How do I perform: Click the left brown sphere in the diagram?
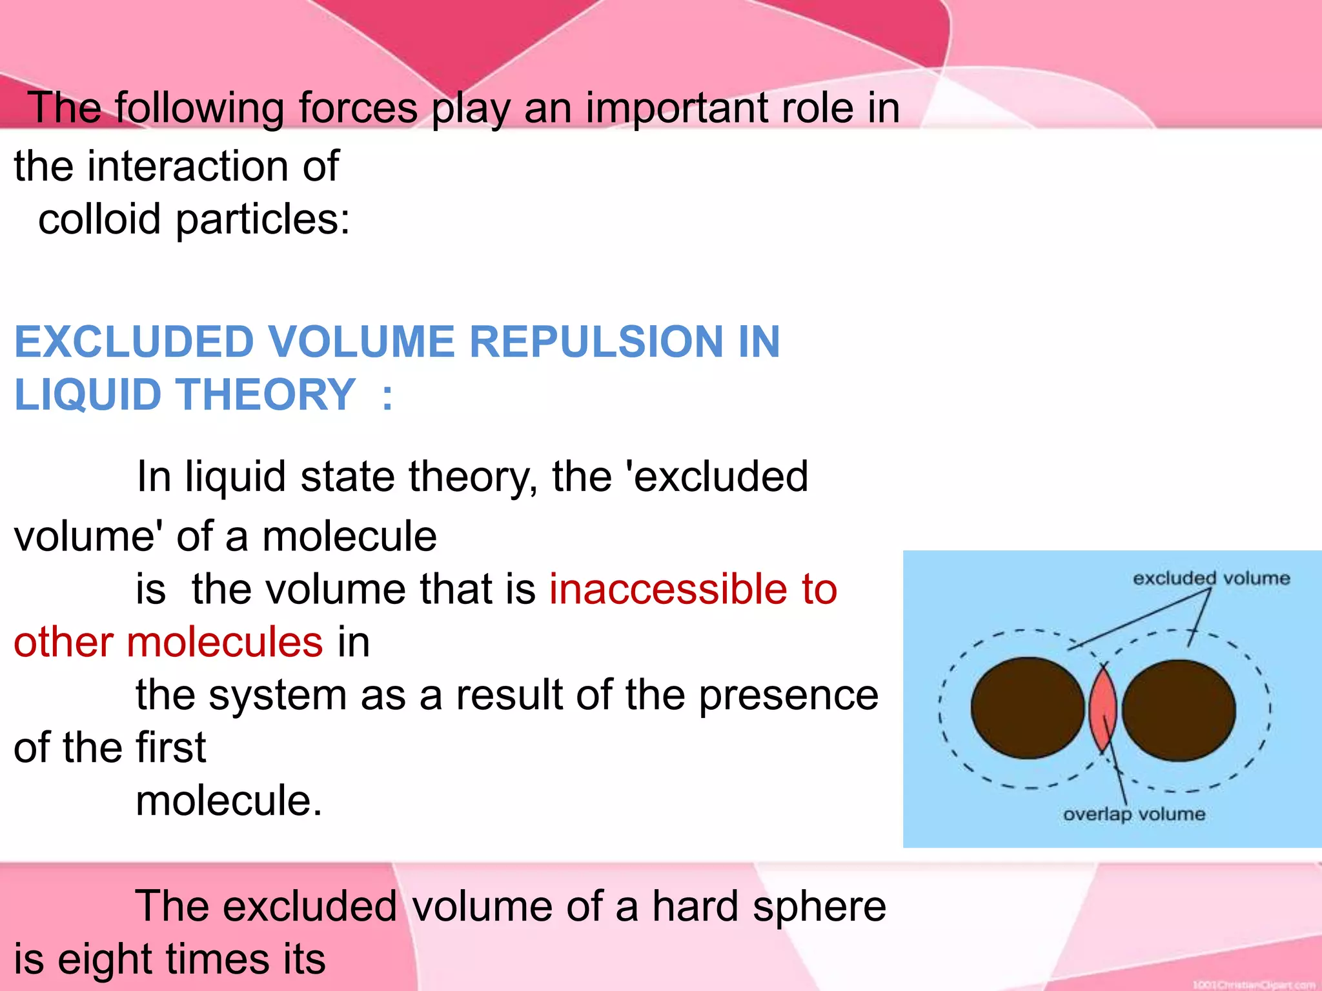(1028, 708)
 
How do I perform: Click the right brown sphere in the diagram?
(1179, 710)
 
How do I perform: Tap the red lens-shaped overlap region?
(1103, 708)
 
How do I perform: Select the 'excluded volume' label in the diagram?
(1211, 578)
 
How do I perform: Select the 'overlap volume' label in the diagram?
(1134, 814)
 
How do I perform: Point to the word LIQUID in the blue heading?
(88, 394)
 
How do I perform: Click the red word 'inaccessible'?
(667, 589)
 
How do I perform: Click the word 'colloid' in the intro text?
(99, 219)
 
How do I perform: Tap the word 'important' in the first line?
(676, 108)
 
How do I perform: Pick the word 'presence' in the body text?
(788, 696)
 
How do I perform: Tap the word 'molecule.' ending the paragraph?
(229, 801)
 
